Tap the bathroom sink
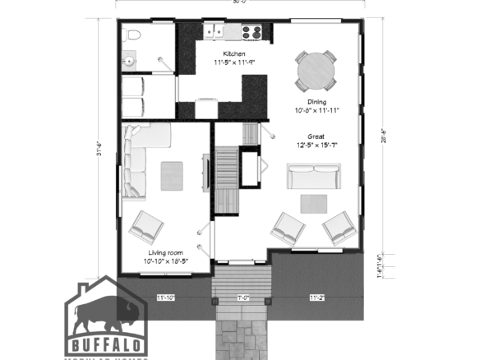click(129, 61)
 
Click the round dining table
click(316, 72)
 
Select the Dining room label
click(316, 102)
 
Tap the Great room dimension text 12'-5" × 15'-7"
click(317, 145)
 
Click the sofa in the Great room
click(312, 176)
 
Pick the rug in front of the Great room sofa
click(312, 202)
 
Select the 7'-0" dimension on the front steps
click(243, 297)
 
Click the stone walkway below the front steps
click(242, 337)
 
